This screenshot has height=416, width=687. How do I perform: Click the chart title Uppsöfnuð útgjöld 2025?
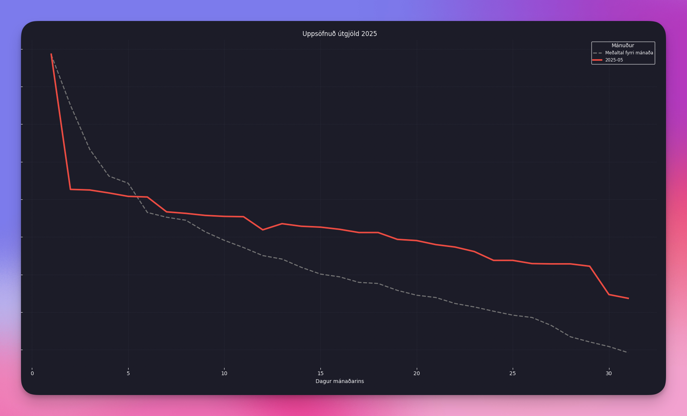tap(340, 34)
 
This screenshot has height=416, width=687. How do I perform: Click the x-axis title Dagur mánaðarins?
tap(340, 381)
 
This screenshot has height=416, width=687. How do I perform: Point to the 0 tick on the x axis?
tap(32, 373)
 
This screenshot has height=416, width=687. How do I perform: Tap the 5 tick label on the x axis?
tap(128, 373)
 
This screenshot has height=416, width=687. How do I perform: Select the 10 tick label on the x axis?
tap(224, 373)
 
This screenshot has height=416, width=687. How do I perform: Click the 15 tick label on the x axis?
tap(320, 373)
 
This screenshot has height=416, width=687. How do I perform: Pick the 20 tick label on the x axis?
tap(416, 373)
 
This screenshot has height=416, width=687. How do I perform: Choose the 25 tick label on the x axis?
tap(512, 373)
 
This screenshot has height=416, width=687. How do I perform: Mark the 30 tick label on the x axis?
tap(609, 373)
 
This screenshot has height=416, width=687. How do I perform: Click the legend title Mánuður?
tap(623, 46)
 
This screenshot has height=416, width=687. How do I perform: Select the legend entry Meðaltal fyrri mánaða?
tap(629, 53)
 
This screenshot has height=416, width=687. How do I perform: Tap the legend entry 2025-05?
tap(614, 60)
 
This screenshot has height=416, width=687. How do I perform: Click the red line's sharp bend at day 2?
tap(70, 189)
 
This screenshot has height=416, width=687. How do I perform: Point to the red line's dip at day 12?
tap(263, 230)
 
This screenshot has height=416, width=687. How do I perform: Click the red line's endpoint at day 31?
tap(628, 298)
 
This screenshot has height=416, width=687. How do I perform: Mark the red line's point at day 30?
tap(609, 295)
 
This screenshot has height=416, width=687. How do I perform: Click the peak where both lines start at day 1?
tap(51, 54)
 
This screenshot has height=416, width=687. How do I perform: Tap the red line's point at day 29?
tap(590, 266)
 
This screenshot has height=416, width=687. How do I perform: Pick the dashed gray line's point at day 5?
tap(128, 183)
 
